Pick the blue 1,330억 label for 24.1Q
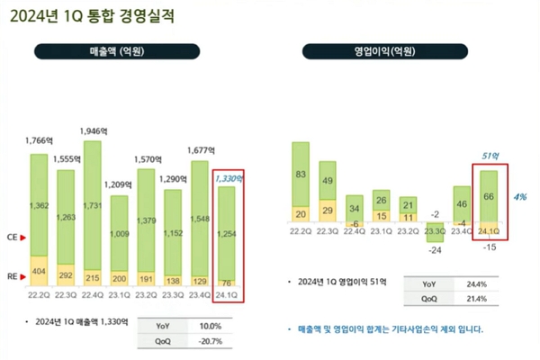(x=228, y=178)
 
